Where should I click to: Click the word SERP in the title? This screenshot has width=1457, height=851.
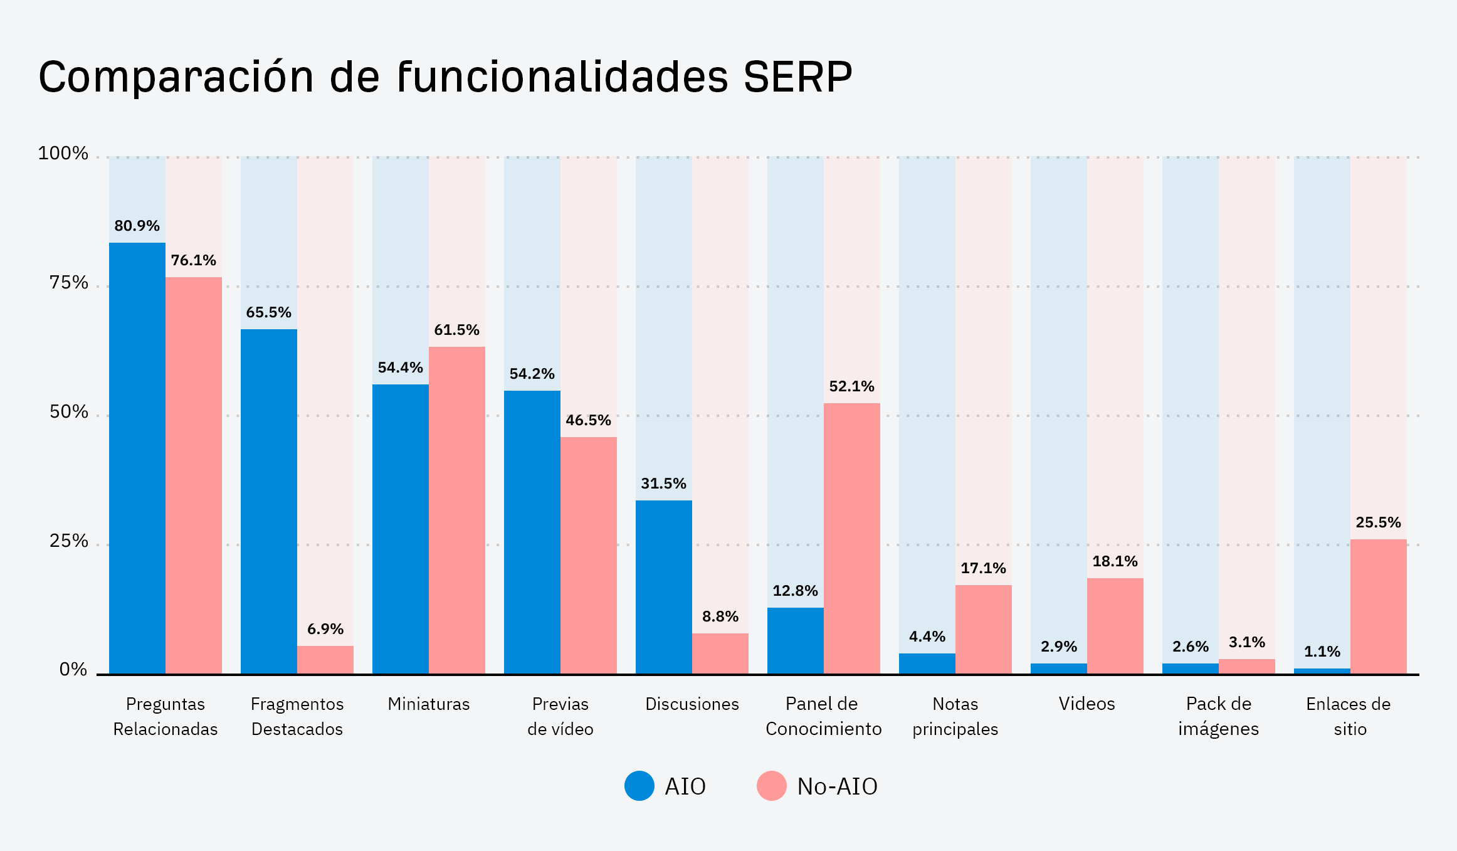coord(797,78)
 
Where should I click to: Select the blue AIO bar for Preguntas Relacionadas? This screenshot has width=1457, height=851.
coord(137,458)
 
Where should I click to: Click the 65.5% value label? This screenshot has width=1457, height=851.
coord(268,312)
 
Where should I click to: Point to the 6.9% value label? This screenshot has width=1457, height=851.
coord(325,629)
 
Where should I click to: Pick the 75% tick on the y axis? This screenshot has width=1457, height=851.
coord(69,283)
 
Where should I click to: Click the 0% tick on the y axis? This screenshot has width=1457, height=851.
coord(73,670)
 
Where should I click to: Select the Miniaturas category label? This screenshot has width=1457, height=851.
coord(428,704)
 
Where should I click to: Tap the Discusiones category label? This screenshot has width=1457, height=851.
coord(692,704)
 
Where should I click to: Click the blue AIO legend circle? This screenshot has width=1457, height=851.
coord(639,786)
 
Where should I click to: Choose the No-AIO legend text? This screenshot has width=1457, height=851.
coord(837,786)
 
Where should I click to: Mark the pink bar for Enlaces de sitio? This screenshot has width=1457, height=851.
coord(1378,606)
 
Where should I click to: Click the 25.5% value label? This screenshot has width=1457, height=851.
coord(1378,522)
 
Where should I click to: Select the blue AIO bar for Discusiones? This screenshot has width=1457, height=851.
coord(663,587)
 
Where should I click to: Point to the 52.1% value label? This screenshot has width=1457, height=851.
coord(851,386)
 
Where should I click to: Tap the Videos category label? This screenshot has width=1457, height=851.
coord(1086,704)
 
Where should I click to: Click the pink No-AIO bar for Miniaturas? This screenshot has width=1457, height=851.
coord(456,510)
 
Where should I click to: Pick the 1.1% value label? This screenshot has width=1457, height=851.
coord(1322,652)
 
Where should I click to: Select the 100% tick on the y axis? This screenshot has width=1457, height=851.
coord(63,154)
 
